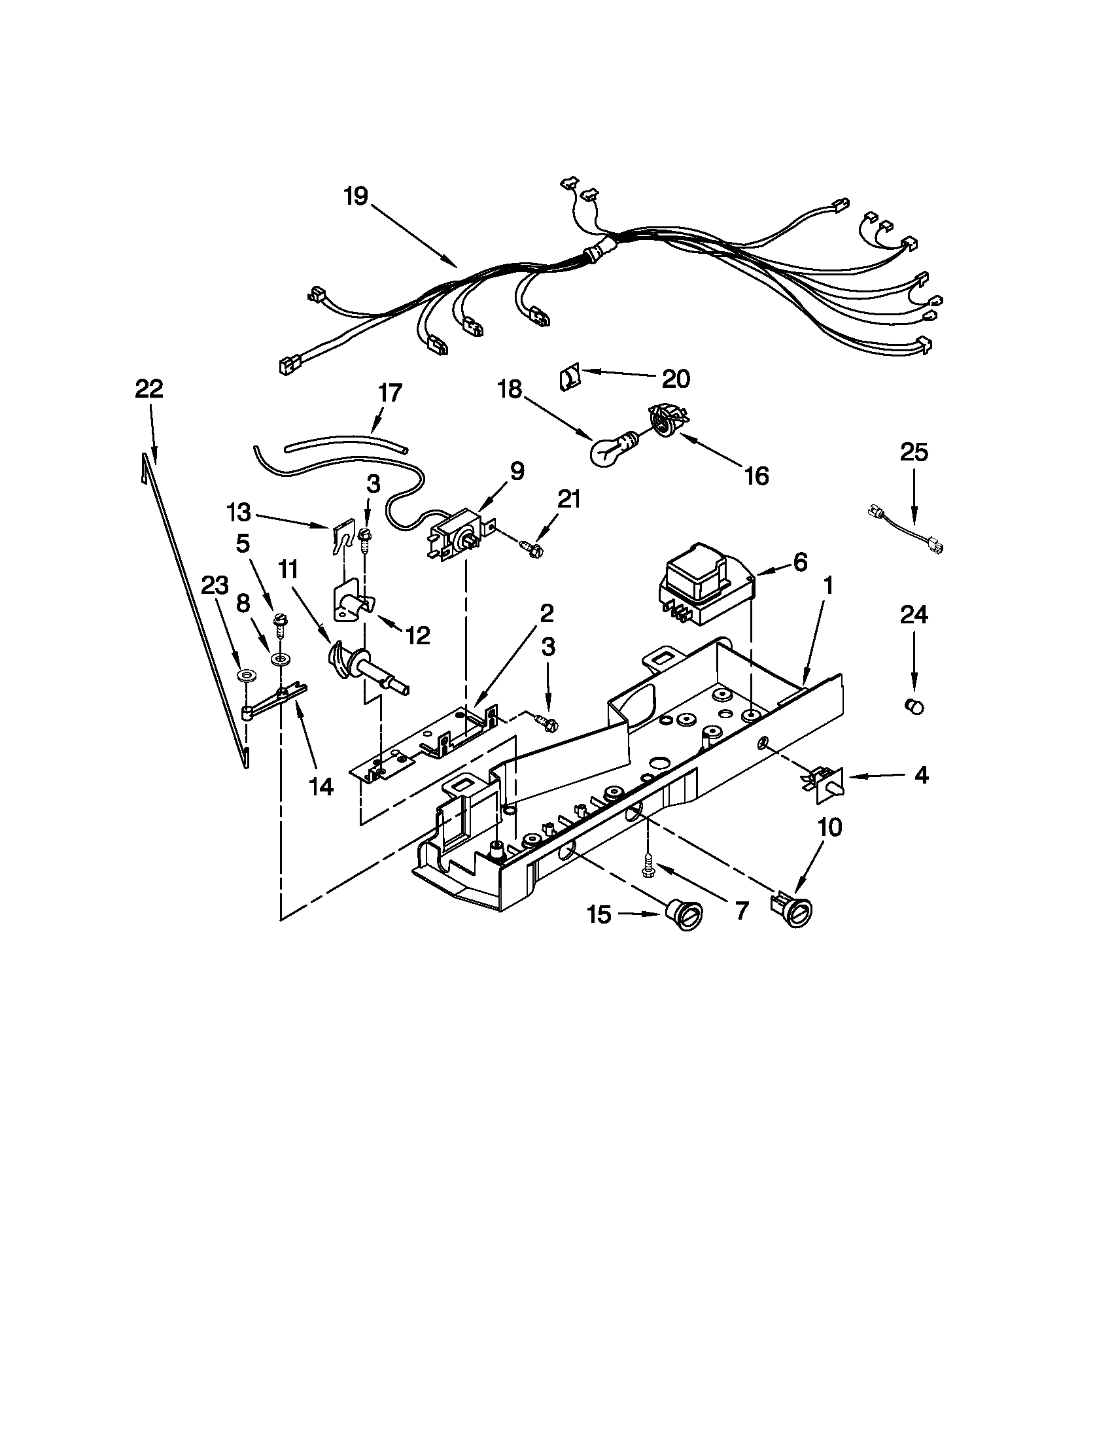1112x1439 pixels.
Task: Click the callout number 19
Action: pyautogui.click(x=356, y=197)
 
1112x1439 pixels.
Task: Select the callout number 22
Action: pyautogui.click(x=149, y=389)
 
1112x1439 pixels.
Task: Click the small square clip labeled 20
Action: pyautogui.click(x=568, y=380)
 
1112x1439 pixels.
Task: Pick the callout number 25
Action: pyautogui.click(x=914, y=453)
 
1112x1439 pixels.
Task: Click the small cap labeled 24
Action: pyautogui.click(x=913, y=707)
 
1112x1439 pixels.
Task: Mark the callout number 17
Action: pyautogui.click(x=389, y=393)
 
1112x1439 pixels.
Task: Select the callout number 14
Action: pyautogui.click(x=321, y=786)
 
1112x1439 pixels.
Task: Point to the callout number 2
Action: pyautogui.click(x=546, y=614)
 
